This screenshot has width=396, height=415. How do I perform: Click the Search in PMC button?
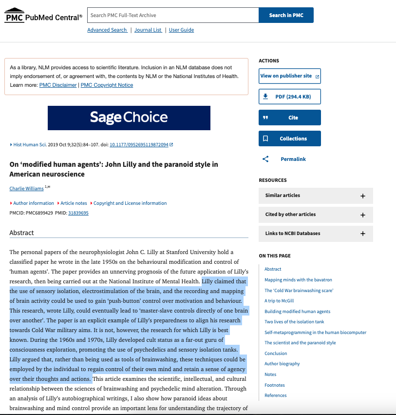(x=286, y=15)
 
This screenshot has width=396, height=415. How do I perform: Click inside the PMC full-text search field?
(x=173, y=15)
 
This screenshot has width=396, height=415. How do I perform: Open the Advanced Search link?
(x=107, y=30)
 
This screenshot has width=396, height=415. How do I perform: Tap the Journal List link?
(x=148, y=30)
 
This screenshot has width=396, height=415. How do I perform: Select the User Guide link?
(x=181, y=30)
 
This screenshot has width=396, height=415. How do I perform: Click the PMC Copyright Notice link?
(x=107, y=85)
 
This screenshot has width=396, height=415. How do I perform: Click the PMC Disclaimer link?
(x=58, y=85)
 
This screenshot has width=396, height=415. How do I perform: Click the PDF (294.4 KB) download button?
(x=290, y=97)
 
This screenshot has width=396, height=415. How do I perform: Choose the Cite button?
(x=290, y=118)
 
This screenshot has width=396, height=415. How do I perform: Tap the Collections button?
(x=290, y=138)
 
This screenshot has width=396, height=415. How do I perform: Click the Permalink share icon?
(x=265, y=159)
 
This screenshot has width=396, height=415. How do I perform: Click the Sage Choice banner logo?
(x=129, y=118)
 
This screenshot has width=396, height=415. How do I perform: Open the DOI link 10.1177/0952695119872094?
(x=139, y=145)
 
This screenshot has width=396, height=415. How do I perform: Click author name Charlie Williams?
(x=26, y=189)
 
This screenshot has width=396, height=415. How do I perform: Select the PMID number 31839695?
(x=78, y=213)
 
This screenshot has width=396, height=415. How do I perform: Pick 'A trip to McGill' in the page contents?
(x=279, y=301)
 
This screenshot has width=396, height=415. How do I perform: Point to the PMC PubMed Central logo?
(x=43, y=16)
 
